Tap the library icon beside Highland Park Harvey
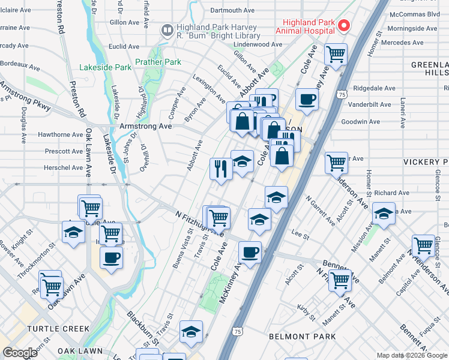(167, 29)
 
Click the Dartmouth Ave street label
(232, 10)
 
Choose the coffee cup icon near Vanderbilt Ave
(307, 100)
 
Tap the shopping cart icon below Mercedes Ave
(336, 55)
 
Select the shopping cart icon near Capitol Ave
(423, 245)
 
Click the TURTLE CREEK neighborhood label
(58, 329)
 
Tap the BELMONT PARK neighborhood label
(303, 337)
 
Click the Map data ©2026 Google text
(412, 355)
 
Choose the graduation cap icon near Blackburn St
(191, 332)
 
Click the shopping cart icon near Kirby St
(340, 279)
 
